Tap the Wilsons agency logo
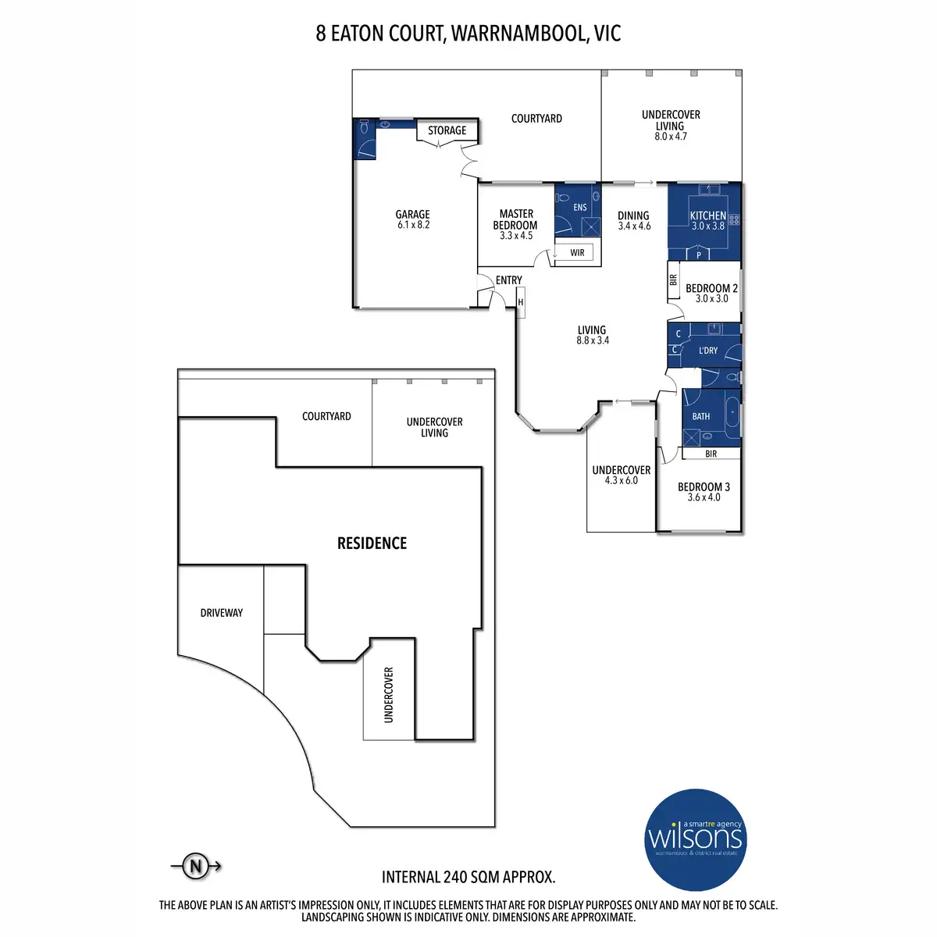coord(696,839)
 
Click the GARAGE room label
coord(412,215)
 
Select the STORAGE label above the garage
coord(447,130)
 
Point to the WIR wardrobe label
coord(577,252)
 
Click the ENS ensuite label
coord(579,208)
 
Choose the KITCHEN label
coord(708,216)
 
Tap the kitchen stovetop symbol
coord(734,219)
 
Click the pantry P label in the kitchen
coord(699,255)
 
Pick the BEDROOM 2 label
coord(711,288)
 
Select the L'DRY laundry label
coord(708,350)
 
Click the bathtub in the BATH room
coord(732,413)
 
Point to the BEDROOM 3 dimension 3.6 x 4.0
coord(704,497)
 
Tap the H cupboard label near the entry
coord(520,302)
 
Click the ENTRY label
coord(508,280)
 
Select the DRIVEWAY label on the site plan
coord(221,613)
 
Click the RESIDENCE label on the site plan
coord(372,543)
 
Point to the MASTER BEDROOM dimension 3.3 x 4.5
coord(516,236)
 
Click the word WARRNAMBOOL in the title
coord(518,33)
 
